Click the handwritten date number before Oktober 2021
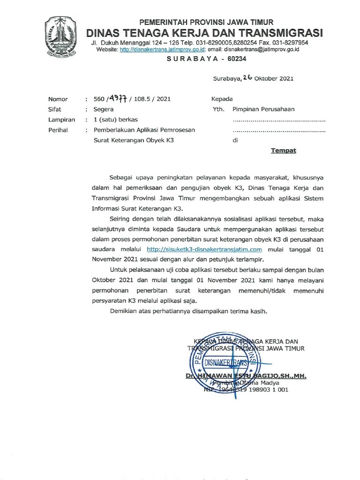tap(248, 78)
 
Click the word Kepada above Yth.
tap(222, 99)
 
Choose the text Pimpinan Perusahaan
tap(263, 109)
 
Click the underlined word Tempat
tap(283, 151)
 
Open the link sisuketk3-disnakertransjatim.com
tap(204, 249)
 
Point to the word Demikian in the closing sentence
tap(124, 311)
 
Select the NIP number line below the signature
tap(246, 390)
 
